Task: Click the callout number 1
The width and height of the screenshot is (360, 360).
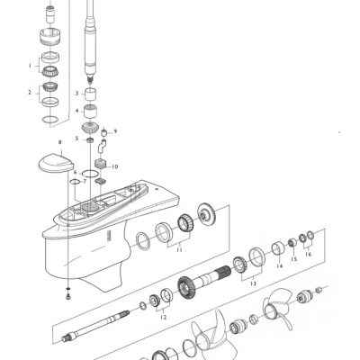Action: point(30,65)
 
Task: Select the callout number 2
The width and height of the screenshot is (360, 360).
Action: point(30,92)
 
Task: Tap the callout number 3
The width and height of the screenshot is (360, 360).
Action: point(78,93)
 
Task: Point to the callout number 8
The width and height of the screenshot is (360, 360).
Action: point(59,142)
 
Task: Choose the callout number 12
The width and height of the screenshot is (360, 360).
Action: point(163,317)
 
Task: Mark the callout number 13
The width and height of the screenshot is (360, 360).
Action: point(253,283)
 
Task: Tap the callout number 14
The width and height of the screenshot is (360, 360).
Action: point(279,266)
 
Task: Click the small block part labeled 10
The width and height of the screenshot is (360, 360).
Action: point(101,166)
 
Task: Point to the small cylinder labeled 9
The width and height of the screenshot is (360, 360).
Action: point(104,134)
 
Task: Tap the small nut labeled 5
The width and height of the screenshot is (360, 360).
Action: point(90,139)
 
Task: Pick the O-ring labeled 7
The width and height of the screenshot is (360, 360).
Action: point(75,183)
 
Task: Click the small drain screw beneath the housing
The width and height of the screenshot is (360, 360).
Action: point(69,295)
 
